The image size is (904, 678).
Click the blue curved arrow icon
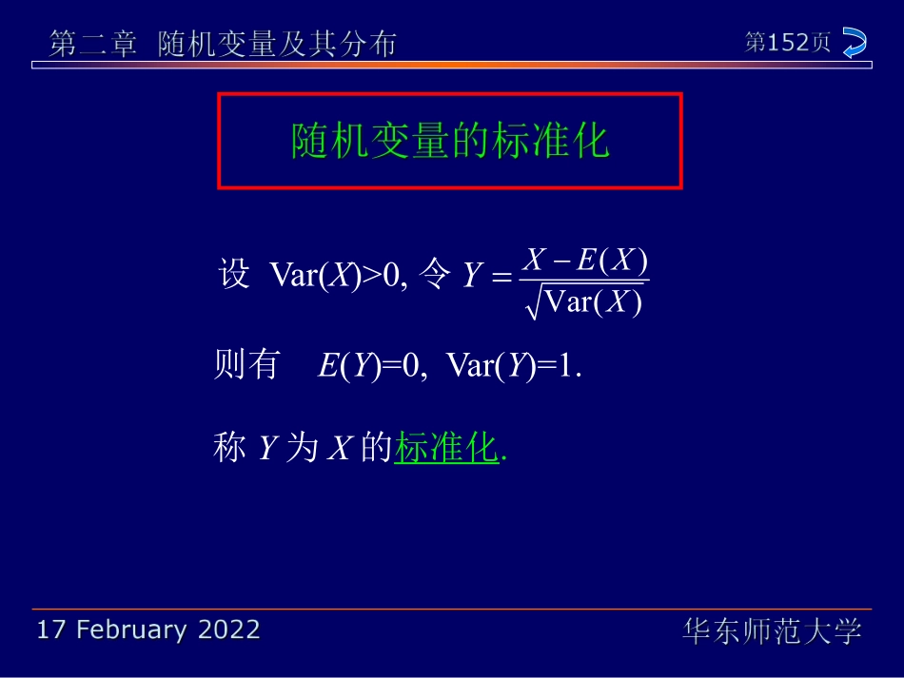point(854,43)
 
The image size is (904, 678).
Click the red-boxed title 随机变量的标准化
point(449,141)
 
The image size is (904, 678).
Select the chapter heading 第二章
point(93,45)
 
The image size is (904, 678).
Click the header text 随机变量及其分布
point(276,45)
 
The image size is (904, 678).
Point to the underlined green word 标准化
point(446,448)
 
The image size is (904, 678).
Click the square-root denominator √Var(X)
point(585,302)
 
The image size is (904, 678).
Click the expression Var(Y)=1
point(512,366)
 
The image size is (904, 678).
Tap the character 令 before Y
point(434,275)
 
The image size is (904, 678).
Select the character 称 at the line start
point(230,448)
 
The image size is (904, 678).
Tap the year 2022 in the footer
point(228,630)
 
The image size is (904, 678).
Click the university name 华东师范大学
point(772,630)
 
